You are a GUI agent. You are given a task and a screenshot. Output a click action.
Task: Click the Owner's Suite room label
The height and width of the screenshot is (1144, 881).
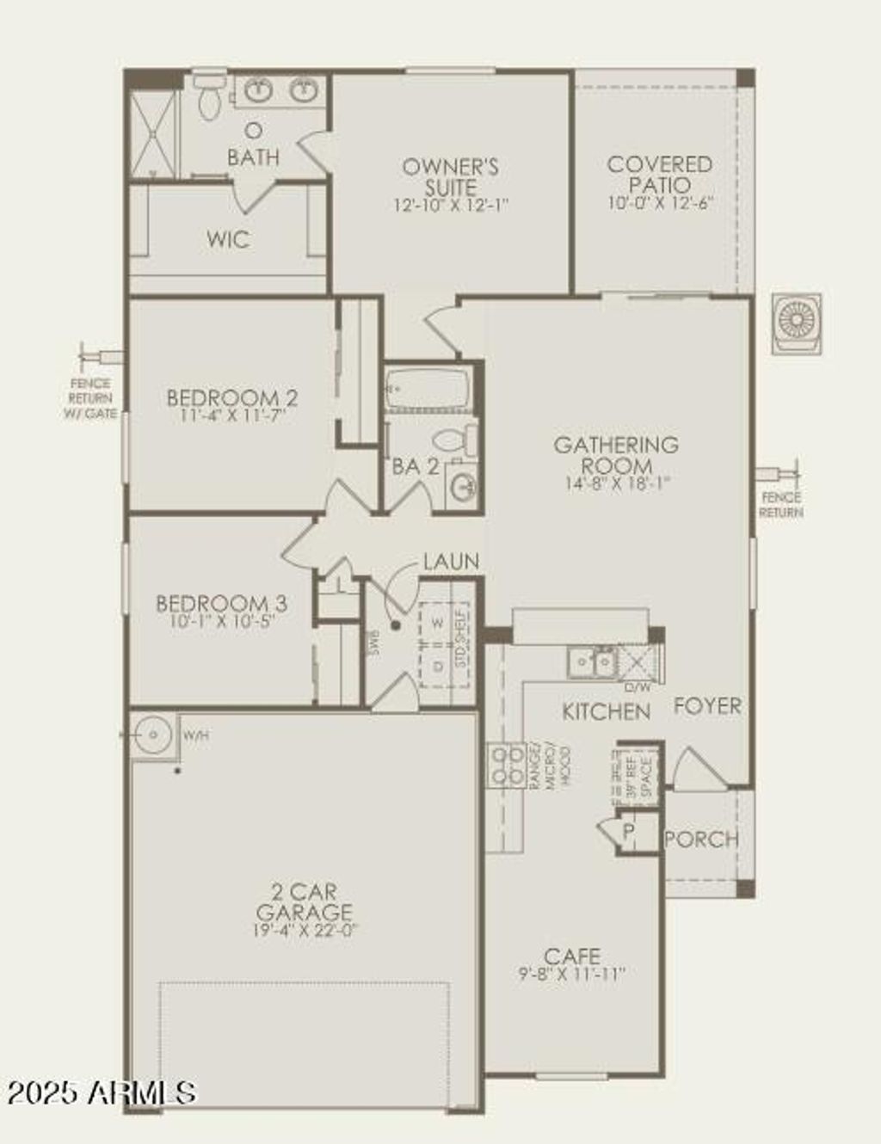coord(450,176)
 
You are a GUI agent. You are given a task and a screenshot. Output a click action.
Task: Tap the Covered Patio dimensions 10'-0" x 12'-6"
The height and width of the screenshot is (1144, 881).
coord(660,204)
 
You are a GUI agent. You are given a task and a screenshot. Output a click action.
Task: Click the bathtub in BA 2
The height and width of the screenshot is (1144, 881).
coord(427,389)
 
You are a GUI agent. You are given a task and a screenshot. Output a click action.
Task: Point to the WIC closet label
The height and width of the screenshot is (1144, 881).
coord(228,238)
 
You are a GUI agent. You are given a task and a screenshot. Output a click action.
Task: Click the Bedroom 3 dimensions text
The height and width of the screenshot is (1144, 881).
coord(222,621)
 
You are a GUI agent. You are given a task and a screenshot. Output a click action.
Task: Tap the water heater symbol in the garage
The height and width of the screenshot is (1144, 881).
coord(153,735)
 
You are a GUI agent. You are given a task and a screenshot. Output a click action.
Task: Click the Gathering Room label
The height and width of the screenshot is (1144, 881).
coord(616,454)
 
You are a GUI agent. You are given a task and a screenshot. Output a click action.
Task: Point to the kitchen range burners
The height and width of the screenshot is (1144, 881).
coord(507,765)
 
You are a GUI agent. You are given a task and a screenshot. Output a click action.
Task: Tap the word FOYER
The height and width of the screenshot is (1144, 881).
coord(707,706)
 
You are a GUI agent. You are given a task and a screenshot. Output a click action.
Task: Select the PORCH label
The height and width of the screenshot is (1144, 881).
coord(702,839)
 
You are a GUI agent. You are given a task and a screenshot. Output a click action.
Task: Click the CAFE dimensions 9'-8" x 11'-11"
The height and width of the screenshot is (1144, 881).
coord(572,974)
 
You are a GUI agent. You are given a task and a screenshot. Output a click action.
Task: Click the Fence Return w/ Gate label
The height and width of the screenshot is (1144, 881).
coord(89,398)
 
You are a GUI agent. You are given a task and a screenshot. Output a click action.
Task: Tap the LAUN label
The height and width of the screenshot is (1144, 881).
coord(451,562)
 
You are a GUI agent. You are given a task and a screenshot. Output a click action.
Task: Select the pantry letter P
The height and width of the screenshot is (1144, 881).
coord(629,831)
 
